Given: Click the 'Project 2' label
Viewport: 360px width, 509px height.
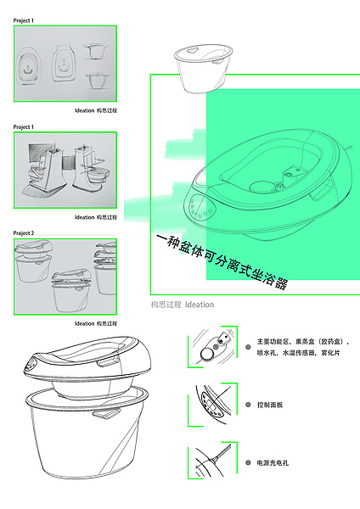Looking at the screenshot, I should [24, 232].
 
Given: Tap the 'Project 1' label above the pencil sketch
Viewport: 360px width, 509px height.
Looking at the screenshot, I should [24, 126].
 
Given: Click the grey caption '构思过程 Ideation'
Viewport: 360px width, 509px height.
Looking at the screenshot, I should [182, 304].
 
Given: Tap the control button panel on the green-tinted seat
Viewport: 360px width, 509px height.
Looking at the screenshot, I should [194, 208].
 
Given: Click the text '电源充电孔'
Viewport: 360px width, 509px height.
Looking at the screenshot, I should [273, 463].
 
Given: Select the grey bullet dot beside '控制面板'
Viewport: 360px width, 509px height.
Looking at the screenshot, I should [247, 406].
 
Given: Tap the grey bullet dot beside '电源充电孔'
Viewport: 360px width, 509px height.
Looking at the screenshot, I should [247, 463].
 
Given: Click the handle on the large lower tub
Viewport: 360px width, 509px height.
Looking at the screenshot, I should [107, 416].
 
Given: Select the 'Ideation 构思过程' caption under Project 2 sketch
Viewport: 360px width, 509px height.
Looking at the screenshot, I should [96, 323].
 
